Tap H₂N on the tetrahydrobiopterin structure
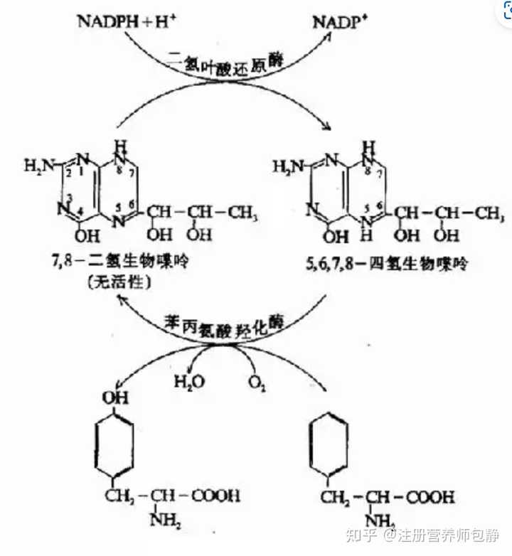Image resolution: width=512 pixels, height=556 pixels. click(290, 166)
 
